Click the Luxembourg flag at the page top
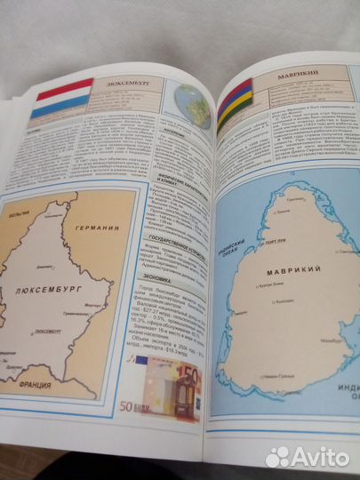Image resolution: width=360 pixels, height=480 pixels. tap(61, 98)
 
